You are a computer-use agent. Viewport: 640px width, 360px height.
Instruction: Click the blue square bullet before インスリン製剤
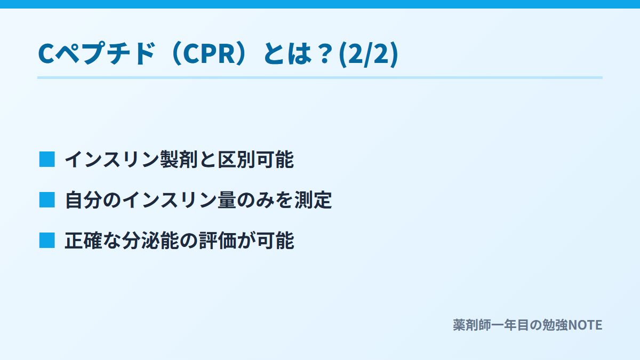point(47,159)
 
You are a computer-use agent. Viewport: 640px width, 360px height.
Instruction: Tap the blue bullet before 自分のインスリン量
point(47,199)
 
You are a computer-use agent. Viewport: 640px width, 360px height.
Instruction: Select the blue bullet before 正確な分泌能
point(47,241)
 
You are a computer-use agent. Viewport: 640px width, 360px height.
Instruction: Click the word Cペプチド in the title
point(97,53)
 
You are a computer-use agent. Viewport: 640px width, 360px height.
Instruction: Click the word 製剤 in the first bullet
point(179,159)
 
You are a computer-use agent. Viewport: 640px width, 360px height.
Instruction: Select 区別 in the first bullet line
point(237,159)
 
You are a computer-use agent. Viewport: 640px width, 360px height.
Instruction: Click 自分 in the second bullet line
point(84,199)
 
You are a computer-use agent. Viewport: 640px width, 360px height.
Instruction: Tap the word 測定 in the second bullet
point(313,199)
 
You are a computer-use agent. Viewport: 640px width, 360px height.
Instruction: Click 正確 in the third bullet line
point(83,241)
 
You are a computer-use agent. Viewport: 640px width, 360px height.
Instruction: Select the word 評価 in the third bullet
point(218,241)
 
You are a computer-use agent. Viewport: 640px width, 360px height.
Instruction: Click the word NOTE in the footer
point(585,325)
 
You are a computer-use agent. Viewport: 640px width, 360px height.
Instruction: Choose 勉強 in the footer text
point(555,325)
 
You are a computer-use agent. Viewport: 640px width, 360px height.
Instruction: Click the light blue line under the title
point(320,77)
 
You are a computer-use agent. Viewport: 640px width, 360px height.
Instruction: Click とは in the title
point(287,54)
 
